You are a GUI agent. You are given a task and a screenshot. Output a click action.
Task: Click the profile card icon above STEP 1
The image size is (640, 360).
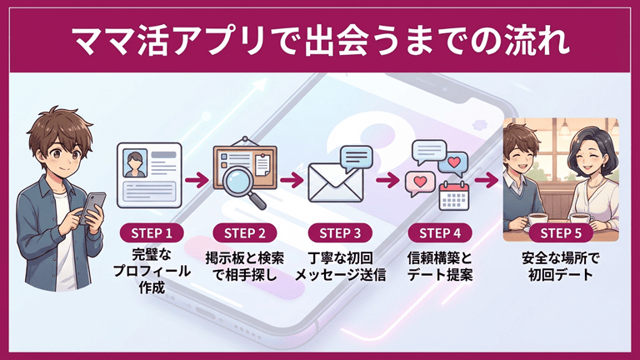(151, 174)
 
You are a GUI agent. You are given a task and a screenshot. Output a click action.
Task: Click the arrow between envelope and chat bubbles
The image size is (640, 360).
(387, 178)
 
